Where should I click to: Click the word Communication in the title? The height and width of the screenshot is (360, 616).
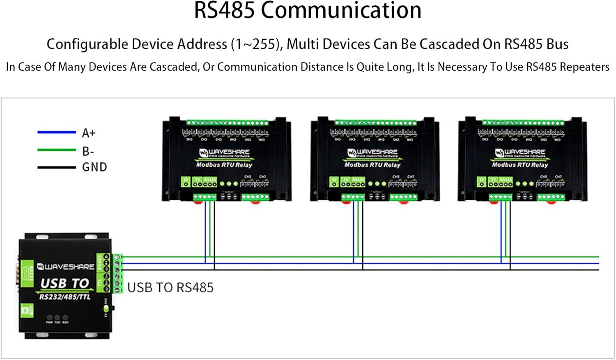pyautogui.click(x=341, y=11)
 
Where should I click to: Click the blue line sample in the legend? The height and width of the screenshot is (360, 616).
pyautogui.click(x=57, y=132)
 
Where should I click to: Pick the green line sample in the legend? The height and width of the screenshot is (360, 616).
pyautogui.click(x=57, y=150)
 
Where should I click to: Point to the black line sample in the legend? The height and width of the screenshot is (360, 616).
pyautogui.click(x=57, y=167)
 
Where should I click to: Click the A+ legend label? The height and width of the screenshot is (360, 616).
pyautogui.click(x=89, y=133)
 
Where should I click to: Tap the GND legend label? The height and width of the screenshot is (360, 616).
pyautogui.click(x=94, y=167)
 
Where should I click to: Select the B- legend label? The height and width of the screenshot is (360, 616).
pyautogui.click(x=88, y=151)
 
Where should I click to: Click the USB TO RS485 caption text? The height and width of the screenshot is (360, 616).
pyautogui.click(x=170, y=288)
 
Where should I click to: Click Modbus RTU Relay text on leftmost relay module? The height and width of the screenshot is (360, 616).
pyautogui.click(x=224, y=165)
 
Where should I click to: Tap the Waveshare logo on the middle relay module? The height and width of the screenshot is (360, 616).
pyautogui.click(x=372, y=153)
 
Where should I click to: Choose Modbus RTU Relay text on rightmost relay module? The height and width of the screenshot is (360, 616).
pyautogui.click(x=520, y=165)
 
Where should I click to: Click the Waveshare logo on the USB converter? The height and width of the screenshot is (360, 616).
pyautogui.click(x=66, y=267)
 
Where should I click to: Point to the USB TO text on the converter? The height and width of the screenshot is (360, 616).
pyautogui.click(x=64, y=283)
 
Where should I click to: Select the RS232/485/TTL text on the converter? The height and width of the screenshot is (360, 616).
pyautogui.click(x=64, y=297)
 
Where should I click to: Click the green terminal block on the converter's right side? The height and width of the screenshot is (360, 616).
pyautogui.click(x=118, y=273)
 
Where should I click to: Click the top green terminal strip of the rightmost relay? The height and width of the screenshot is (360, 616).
pyautogui.click(x=523, y=122)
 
